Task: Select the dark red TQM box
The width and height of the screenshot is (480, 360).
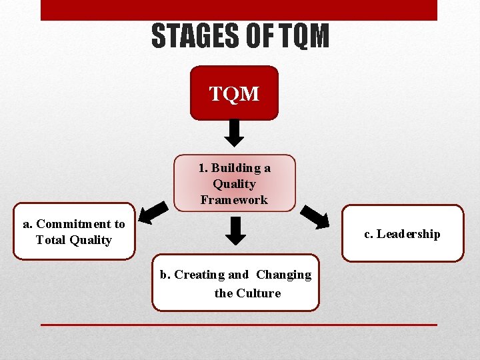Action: pyautogui.click(x=234, y=93)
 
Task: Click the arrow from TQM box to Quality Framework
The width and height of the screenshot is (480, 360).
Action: pyautogui.click(x=234, y=133)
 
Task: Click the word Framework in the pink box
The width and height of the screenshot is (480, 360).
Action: pyautogui.click(x=234, y=199)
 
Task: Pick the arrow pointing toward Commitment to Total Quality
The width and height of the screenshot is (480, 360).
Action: pyautogui.click(x=155, y=212)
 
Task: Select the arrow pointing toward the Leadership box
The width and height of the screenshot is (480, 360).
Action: pyautogui.click(x=314, y=216)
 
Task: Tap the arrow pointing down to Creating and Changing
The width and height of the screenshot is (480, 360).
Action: pyautogui.click(x=234, y=231)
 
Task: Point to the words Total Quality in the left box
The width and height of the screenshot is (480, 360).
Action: pyautogui.click(x=73, y=240)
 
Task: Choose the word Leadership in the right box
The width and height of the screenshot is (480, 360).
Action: pyautogui.click(x=408, y=234)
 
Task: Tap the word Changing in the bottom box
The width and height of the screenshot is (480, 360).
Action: pyautogui.click(x=283, y=275)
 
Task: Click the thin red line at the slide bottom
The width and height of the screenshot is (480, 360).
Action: pyautogui.click(x=239, y=325)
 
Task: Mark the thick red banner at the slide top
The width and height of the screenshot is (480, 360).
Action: pyautogui.click(x=239, y=9)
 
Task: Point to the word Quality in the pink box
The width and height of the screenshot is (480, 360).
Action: pyautogui.click(x=234, y=184)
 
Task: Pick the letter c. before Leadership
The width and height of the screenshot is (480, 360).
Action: pyautogui.click(x=368, y=234)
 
